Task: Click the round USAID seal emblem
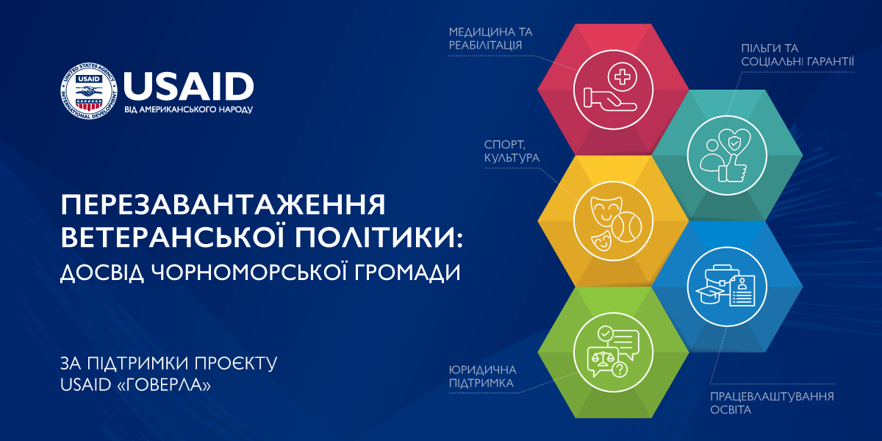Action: [89, 91]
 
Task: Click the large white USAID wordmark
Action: [189, 86]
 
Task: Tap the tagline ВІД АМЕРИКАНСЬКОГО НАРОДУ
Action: [189, 110]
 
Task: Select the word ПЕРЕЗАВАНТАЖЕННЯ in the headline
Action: [223, 204]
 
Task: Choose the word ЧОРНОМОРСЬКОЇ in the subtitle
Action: [249, 272]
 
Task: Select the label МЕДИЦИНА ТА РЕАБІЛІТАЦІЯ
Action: [491, 38]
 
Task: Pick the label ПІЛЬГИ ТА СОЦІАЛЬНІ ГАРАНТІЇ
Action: [797, 54]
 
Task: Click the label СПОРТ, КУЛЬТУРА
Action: [512, 151]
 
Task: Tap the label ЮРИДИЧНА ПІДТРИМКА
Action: [482, 376]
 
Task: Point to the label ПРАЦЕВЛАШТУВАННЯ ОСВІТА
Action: [772, 403]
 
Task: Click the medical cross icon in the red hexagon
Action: [622, 76]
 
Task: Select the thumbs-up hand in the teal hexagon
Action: [732, 168]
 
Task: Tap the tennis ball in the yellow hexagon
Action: [627, 227]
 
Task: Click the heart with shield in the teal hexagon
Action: [734, 143]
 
